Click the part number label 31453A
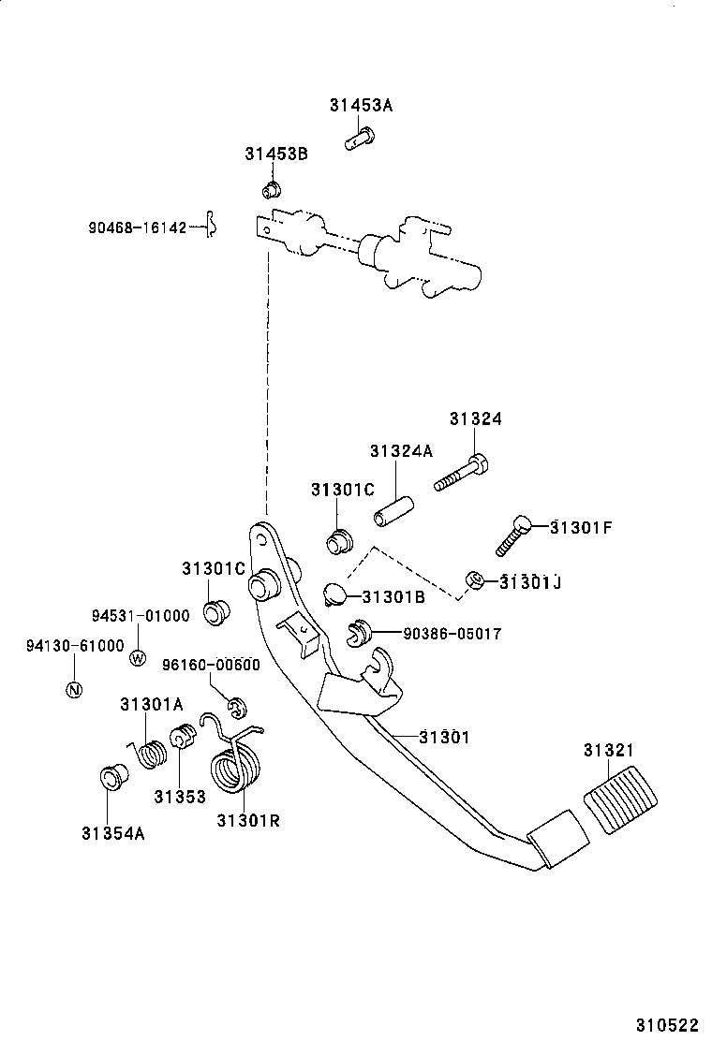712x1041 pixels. point(361,106)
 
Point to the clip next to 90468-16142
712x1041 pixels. point(212,225)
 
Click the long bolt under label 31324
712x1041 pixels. point(460,474)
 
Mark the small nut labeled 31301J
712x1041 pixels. point(475,581)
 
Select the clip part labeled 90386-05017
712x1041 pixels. point(354,633)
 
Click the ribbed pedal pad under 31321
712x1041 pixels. point(621,799)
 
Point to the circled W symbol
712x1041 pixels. point(138,657)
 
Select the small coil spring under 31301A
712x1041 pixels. point(153,753)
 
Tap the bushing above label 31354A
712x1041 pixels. point(113,778)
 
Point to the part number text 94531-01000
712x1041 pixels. point(141,615)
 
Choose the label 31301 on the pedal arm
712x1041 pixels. point(443,738)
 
